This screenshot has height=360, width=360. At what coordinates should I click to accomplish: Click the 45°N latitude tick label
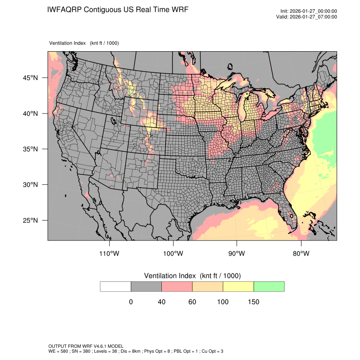[30, 78]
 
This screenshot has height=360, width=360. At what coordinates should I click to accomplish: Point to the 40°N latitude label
[30, 114]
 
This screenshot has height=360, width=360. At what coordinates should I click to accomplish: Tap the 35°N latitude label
[30, 149]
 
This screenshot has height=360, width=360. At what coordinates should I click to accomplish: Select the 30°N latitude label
[30, 185]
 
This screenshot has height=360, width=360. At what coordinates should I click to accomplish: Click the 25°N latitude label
[30, 220]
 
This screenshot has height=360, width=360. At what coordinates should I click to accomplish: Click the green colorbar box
[269, 286]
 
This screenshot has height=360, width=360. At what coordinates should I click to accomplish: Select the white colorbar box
[116, 286]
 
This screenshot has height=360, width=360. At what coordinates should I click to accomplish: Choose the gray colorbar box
[146, 286]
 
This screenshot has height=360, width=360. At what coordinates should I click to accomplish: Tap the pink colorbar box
[177, 286]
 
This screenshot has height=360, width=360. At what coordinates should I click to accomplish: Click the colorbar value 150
[253, 302]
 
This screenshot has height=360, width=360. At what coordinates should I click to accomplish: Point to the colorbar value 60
[192, 302]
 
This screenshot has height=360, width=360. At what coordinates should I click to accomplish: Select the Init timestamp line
[309, 11]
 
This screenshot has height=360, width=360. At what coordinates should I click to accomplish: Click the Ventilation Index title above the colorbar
[192, 276]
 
